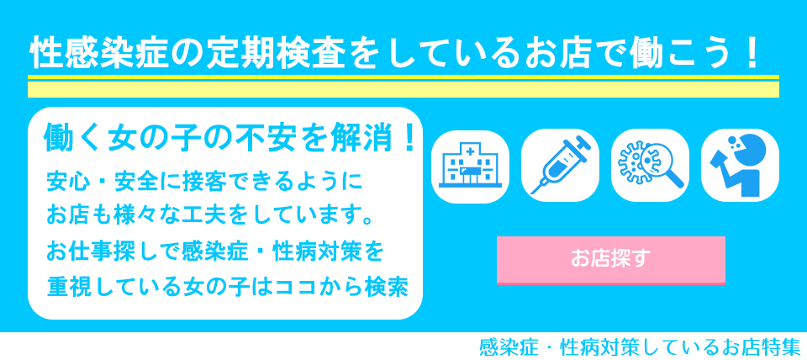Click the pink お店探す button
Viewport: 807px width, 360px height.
tap(610, 260)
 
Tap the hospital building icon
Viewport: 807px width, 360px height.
tap(470, 165)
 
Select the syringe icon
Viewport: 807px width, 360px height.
tap(560, 165)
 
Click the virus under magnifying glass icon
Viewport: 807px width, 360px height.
tap(650, 165)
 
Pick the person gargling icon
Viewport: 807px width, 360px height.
tap(740, 165)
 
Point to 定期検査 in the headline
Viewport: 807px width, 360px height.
tap(268, 55)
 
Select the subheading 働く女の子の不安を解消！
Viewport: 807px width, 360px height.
tap(229, 138)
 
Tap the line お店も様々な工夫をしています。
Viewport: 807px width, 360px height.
tap(211, 216)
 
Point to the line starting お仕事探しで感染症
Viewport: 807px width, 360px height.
tap(215, 251)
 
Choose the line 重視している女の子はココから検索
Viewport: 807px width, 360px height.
tap(228, 286)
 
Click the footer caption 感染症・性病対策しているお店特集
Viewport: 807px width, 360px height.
tap(639, 347)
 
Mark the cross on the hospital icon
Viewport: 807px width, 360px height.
tap(469, 150)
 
